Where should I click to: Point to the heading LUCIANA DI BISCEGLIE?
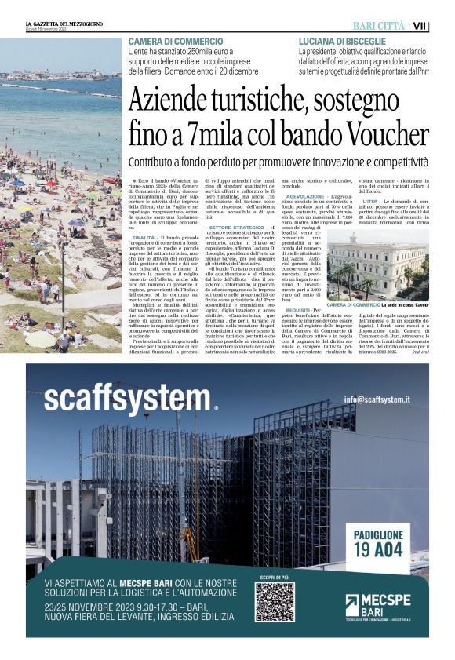click(342, 41)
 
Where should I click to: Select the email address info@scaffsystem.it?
click(383, 399)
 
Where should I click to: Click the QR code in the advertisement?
click(274, 602)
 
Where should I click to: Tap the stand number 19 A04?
click(379, 549)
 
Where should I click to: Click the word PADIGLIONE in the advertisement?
click(379, 534)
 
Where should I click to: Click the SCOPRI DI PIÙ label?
click(274, 577)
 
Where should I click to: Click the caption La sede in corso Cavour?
click(406, 305)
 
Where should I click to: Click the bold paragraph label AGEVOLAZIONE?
click(311, 196)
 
